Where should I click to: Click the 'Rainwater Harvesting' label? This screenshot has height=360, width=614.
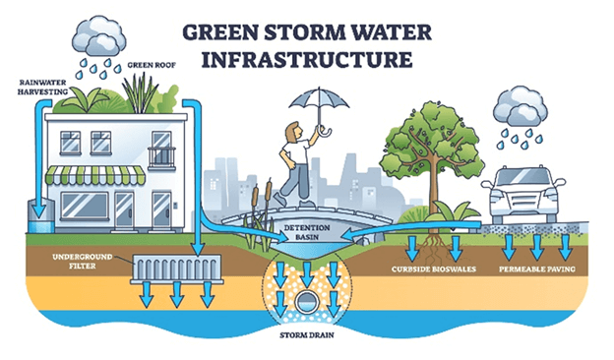(42, 88)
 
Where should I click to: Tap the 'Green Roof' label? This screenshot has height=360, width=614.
(149, 67)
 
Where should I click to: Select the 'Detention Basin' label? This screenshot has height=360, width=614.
(308, 232)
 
